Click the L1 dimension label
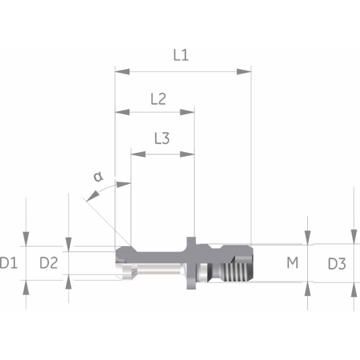click(x=181, y=55)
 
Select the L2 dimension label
click(x=158, y=99)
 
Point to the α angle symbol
click(x=98, y=176)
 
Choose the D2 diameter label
click(x=49, y=263)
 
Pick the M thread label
click(x=292, y=263)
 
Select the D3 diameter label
click(x=336, y=264)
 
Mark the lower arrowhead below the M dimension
click(x=307, y=290)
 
